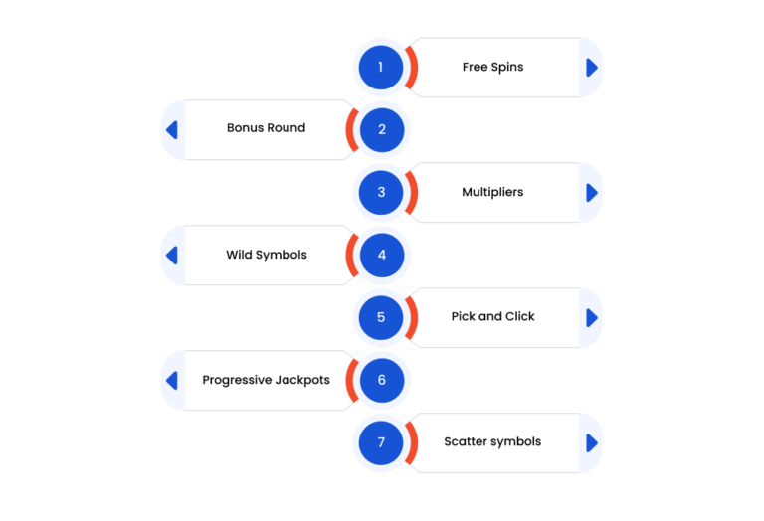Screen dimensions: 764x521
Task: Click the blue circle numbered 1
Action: tap(381, 68)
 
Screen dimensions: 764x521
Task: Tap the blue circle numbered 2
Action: tap(382, 130)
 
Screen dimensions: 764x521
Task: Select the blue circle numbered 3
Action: tap(381, 192)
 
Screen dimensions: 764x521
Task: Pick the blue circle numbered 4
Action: tap(382, 256)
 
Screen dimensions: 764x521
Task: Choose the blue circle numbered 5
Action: tap(381, 317)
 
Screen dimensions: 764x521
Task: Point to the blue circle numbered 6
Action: tap(382, 380)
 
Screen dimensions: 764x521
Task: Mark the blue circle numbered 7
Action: tap(381, 442)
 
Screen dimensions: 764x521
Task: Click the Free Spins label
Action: tap(493, 67)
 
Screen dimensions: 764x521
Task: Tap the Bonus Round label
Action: tap(266, 128)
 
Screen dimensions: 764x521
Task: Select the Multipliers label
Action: tap(492, 192)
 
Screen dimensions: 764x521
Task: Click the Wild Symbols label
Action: tap(267, 255)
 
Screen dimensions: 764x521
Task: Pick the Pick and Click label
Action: tap(493, 316)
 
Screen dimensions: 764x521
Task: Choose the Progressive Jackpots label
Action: tap(266, 380)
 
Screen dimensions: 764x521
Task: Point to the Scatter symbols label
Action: tap(492, 441)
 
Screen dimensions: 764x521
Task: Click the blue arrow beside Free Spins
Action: tap(592, 68)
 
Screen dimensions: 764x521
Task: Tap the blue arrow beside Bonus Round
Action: tap(172, 130)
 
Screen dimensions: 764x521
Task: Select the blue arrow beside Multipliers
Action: tap(592, 193)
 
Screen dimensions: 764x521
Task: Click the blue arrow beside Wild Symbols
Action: tap(172, 256)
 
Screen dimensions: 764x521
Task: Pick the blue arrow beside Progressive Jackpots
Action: tap(172, 380)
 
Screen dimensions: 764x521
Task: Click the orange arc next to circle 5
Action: tap(414, 317)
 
